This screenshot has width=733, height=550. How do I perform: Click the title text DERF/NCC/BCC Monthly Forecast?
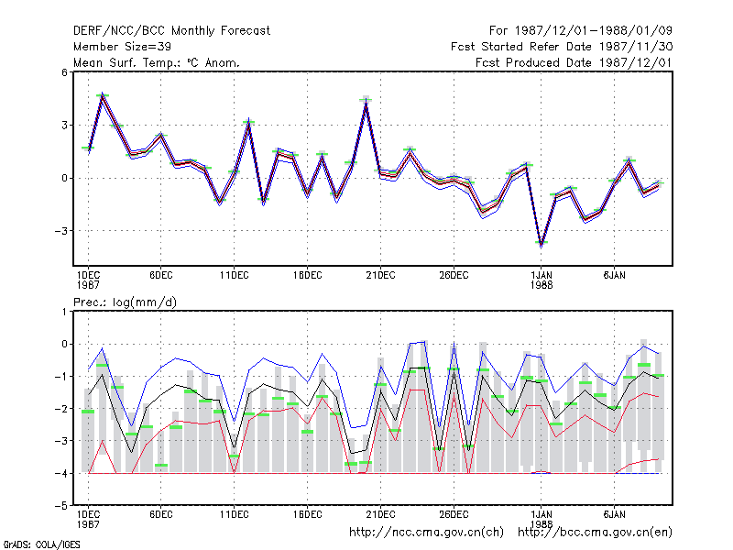point(171,31)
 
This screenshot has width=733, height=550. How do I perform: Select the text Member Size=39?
point(122,47)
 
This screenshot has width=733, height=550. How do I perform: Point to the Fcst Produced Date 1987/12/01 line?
point(574,62)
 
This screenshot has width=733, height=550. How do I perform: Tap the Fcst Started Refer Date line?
point(562,47)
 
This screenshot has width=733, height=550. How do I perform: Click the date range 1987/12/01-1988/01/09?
point(594,31)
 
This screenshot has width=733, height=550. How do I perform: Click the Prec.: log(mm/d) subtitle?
point(125,302)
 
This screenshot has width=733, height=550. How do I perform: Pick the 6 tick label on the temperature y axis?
point(64,72)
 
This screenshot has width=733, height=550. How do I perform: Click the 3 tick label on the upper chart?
point(64,126)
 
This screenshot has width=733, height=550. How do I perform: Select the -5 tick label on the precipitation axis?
point(61,506)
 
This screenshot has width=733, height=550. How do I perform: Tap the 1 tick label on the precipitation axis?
point(64,312)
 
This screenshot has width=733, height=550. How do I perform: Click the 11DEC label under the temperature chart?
point(235,276)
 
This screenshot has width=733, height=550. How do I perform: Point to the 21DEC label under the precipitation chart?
point(380,514)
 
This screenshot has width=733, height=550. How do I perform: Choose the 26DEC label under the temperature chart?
point(454,276)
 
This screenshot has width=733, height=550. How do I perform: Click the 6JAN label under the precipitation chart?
point(614,514)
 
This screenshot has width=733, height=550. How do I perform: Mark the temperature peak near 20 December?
point(366,101)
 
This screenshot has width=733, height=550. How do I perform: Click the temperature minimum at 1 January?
point(542,244)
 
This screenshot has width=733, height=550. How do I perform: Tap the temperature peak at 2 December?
point(103,95)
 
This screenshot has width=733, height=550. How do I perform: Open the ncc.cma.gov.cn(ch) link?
point(426,533)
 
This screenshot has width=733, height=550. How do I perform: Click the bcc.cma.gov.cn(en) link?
point(595,533)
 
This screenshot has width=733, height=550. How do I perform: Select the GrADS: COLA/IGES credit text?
point(41,544)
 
